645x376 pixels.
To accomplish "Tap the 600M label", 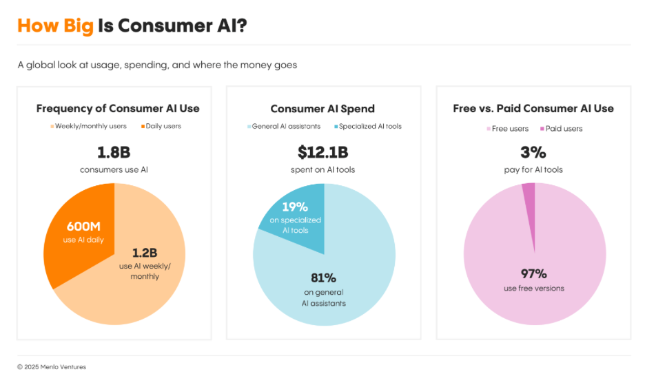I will pos(84,226).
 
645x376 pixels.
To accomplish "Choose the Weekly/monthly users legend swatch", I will pos(52,126).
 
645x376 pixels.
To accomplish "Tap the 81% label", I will pos(324,278).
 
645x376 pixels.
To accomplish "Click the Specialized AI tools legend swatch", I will pos(336,126).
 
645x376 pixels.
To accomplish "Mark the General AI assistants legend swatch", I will pos(249,126).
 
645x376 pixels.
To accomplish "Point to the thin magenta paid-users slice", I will pos(529,196).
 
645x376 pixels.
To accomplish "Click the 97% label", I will pos(533,273).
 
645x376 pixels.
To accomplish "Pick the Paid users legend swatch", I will pos(542,128).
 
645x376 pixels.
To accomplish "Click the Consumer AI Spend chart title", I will pos(322,108).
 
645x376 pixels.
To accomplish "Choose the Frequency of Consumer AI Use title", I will pos(118,108).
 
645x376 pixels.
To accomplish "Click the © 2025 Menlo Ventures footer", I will pos(52,367).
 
